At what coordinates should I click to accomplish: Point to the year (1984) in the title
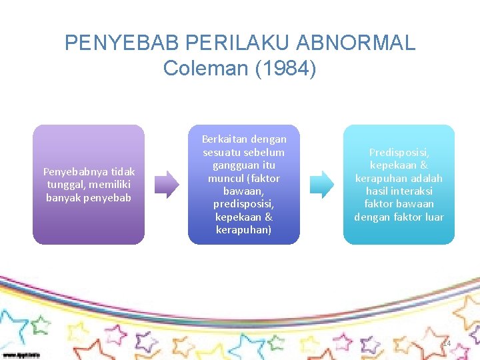287,68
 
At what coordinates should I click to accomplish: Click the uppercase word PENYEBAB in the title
122,43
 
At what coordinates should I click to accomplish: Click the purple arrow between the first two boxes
167,185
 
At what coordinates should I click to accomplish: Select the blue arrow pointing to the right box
323,185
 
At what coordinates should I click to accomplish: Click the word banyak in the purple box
63,197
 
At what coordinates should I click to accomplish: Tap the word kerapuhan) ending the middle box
243,229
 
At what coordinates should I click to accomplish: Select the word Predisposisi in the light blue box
398,153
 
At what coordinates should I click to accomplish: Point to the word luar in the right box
433,217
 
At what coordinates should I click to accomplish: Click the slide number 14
447,343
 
